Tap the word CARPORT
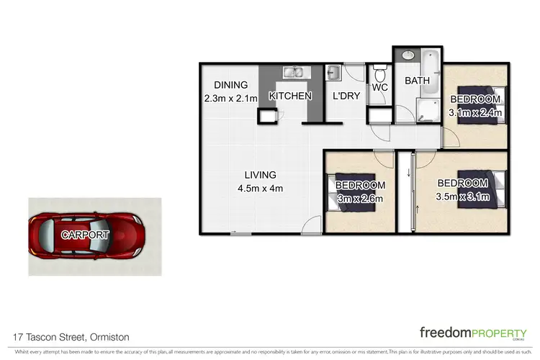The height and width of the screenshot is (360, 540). pos(85,235)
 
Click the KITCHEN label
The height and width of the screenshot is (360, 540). pos(290,96)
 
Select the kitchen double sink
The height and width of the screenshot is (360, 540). pos(294,72)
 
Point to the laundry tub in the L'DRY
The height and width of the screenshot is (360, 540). pos(334,73)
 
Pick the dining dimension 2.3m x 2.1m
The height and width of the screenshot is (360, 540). pos(230,99)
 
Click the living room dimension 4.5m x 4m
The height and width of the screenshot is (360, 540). pos(260,189)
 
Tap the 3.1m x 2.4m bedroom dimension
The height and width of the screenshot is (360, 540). pos(474,112)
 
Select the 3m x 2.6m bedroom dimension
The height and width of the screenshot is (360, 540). pos(359,199)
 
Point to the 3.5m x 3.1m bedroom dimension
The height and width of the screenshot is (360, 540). pos(463,196)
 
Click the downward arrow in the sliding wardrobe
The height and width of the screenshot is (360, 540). pos(409,171)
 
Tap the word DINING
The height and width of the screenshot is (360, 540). pos(230,85)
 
